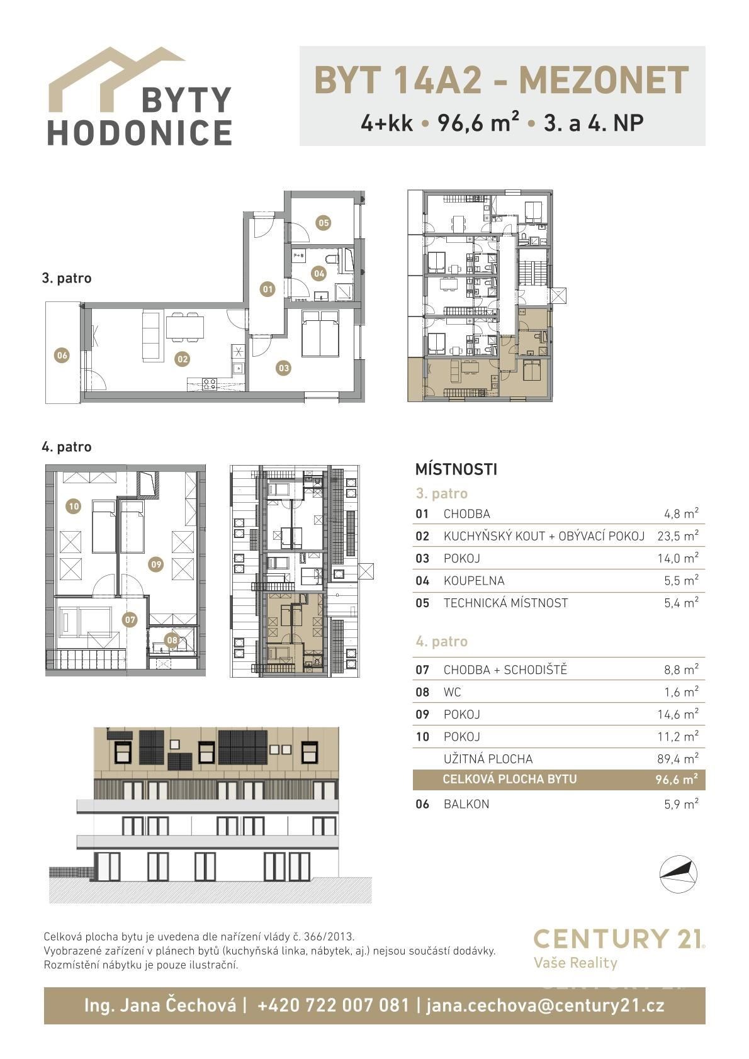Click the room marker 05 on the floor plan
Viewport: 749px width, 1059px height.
tap(324, 223)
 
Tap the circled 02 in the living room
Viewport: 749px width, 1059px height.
tap(183, 359)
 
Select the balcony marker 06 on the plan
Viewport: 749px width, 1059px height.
tap(62, 355)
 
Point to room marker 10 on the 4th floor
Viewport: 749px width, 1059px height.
tap(74, 507)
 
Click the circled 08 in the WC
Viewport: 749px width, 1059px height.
tap(172, 640)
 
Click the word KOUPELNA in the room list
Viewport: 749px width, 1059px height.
tap(474, 581)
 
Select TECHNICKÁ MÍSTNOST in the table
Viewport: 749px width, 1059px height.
tap(505, 603)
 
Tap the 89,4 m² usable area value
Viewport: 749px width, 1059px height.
tap(678, 758)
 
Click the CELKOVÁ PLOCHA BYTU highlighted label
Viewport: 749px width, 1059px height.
tap(510, 779)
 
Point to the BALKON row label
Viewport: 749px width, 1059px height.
tap(466, 804)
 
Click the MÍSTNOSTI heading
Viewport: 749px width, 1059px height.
tap(456, 469)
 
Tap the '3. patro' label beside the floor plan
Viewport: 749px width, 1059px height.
tap(67, 278)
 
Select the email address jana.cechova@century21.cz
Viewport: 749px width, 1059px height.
tap(545, 1005)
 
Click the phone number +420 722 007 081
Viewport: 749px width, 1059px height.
tap(333, 1005)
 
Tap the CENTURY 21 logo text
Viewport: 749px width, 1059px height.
tap(619, 939)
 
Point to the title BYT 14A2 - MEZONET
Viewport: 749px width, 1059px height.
tap(501, 80)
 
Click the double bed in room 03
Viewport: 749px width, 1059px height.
tap(320, 333)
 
